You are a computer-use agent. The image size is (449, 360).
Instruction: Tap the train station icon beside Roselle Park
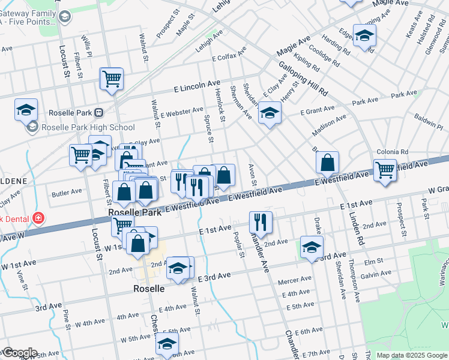click(99, 112)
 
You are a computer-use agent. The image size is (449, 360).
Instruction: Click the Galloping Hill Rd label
click(303, 79)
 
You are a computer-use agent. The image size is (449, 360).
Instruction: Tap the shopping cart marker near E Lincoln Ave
click(112, 79)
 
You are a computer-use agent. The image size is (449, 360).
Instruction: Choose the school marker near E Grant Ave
click(270, 113)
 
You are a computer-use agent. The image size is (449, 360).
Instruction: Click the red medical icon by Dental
click(39, 217)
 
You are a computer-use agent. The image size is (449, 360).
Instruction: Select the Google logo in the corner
click(19, 353)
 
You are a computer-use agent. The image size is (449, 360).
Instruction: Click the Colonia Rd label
click(392, 152)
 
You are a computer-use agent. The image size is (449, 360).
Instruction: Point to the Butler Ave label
click(67, 193)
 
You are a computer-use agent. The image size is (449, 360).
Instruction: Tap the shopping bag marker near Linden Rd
click(327, 163)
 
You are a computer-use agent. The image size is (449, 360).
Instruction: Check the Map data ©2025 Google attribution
click(412, 355)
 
